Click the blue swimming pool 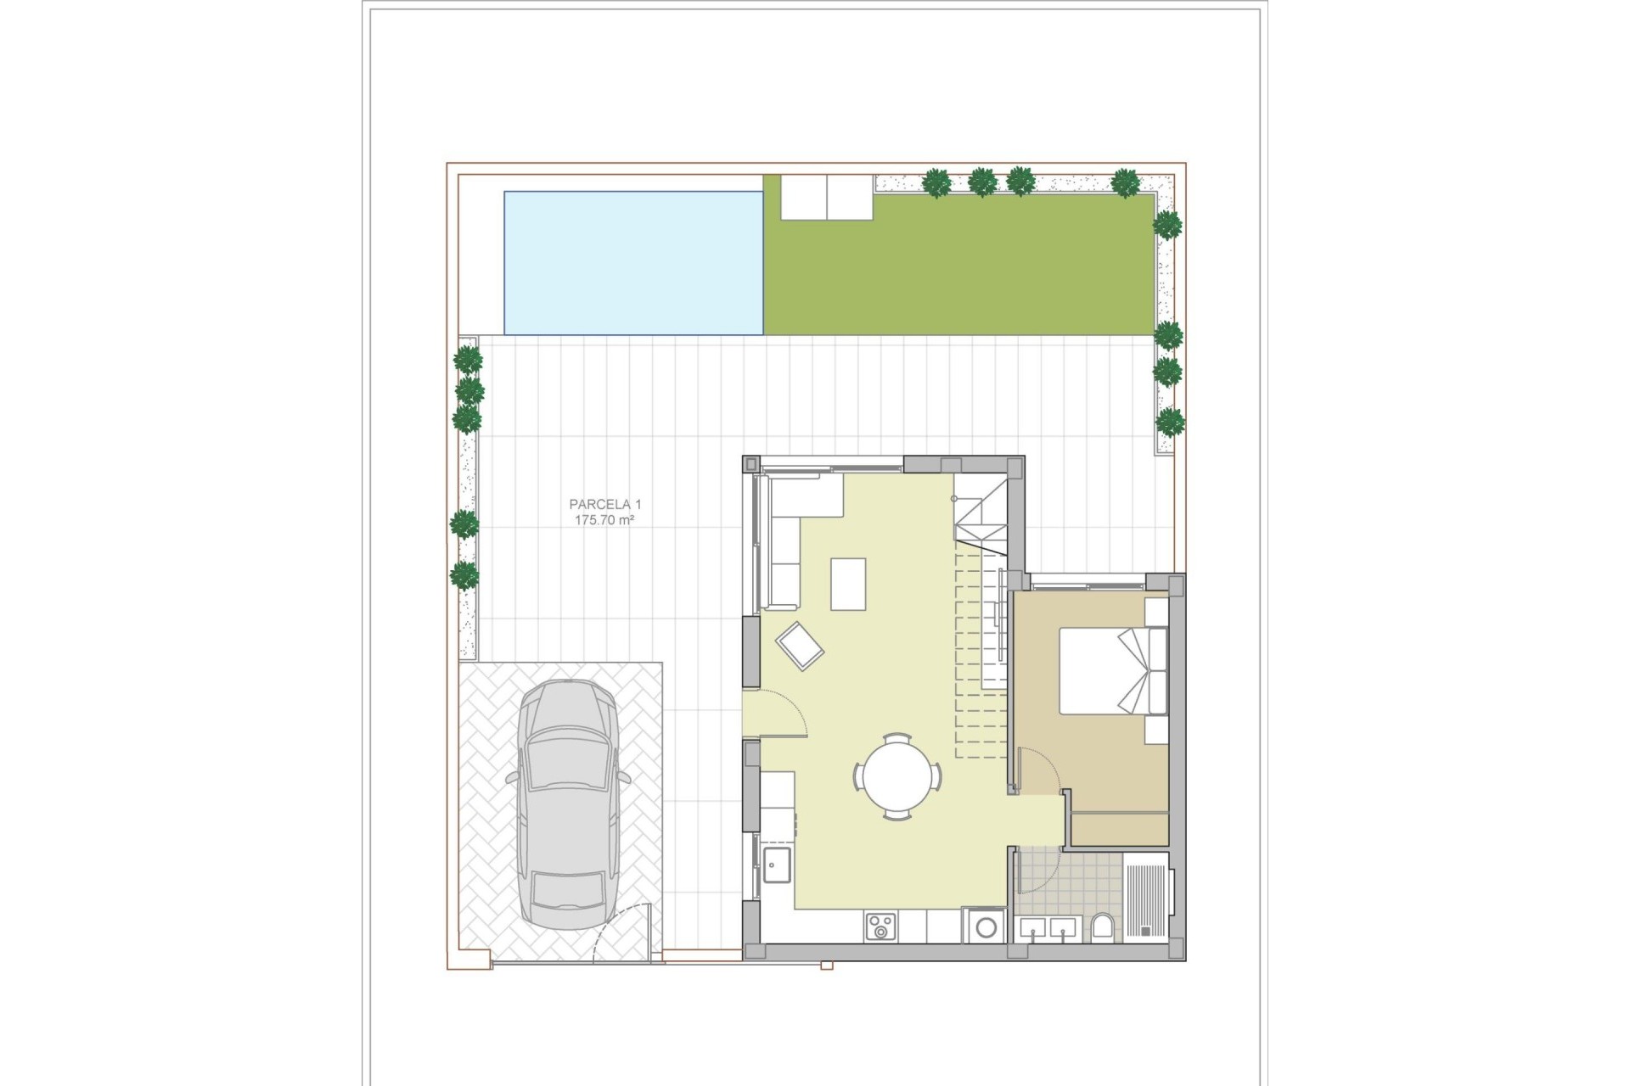tap(633, 263)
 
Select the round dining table tap(897, 775)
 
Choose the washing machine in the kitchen tap(986, 926)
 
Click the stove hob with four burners tap(880, 926)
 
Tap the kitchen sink tap(777, 865)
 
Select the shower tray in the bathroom tap(1146, 896)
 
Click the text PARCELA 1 tap(604, 505)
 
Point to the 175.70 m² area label tap(604, 520)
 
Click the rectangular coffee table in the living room tap(848, 584)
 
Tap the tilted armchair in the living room tap(800, 646)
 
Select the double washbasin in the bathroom tap(1048, 928)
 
